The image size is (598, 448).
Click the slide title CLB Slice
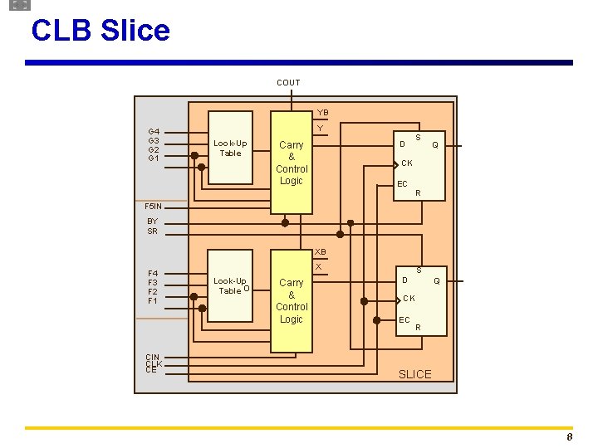[x=100, y=31]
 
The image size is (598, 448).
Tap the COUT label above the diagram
[x=288, y=82]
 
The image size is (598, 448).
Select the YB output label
[x=323, y=113]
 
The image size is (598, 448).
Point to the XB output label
[x=321, y=251]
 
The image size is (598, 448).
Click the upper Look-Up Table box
[x=230, y=148]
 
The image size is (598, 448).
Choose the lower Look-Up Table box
[x=230, y=286]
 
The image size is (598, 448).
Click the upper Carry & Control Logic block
[x=292, y=163]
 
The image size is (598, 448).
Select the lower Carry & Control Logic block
[x=292, y=301]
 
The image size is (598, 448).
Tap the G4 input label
[x=154, y=131]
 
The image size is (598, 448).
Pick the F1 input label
[x=153, y=301]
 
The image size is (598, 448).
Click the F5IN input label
[x=154, y=206]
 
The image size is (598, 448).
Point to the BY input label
[x=152, y=222]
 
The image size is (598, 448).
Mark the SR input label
[x=152, y=231]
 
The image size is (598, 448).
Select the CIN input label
[x=153, y=358]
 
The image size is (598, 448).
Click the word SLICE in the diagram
[x=415, y=374]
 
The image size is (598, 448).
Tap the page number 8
[x=569, y=437]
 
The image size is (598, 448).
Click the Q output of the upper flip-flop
[x=434, y=144]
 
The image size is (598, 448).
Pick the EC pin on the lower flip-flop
[x=404, y=319]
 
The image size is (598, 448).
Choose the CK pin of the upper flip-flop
[x=407, y=163]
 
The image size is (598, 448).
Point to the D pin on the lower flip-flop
[x=404, y=280]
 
